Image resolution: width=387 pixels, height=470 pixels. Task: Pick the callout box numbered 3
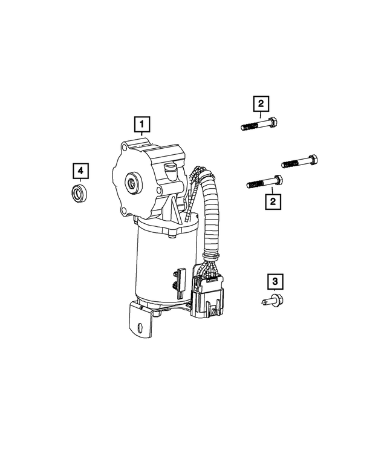275,281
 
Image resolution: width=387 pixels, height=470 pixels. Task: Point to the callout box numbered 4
80,171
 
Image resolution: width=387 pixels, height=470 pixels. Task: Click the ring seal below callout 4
79,194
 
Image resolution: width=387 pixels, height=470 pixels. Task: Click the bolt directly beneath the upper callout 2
261,125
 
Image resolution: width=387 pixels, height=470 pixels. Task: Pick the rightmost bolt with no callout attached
299,162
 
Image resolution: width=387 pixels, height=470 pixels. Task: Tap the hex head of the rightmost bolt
313,160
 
